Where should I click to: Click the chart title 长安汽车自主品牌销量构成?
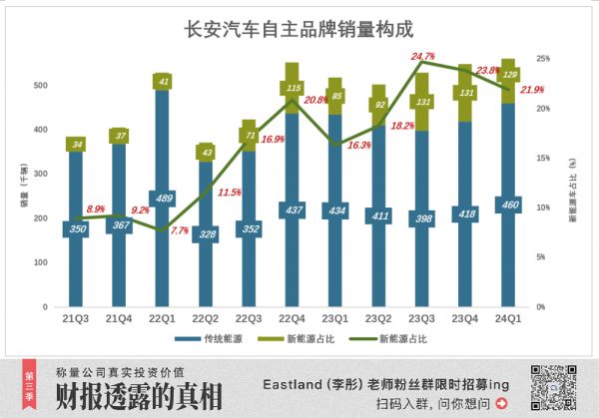299,29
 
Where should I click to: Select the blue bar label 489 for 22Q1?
162,198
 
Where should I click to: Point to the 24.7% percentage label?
422,56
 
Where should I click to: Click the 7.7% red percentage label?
179,230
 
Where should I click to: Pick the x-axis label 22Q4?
292,318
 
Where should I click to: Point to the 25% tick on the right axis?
542,59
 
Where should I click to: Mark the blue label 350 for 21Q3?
76,228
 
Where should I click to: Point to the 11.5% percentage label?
230,192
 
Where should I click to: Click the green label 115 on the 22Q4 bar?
292,89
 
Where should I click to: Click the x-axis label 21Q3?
76,318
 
